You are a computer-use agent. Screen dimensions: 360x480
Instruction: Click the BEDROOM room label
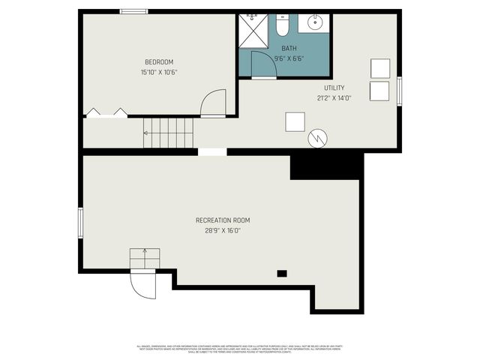[x=159, y=61]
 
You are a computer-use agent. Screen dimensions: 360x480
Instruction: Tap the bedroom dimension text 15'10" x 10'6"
[x=159, y=73]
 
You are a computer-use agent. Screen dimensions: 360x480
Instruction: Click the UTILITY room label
[x=334, y=88]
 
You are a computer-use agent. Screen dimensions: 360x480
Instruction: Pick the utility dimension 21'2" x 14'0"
[x=334, y=98]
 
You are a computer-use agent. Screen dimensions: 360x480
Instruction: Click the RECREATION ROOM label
[x=223, y=220]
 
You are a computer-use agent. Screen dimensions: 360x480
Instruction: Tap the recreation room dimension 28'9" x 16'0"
[x=223, y=231]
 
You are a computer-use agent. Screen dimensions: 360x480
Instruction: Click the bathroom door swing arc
[x=264, y=64]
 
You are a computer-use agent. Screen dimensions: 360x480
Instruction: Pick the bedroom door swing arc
[x=214, y=103]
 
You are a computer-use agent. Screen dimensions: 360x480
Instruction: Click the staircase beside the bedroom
[x=169, y=133]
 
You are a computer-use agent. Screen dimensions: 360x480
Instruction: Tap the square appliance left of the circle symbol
[x=295, y=121]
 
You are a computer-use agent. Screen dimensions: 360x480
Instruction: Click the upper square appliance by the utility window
[x=380, y=68]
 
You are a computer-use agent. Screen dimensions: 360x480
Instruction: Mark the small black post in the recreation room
[x=282, y=274]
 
